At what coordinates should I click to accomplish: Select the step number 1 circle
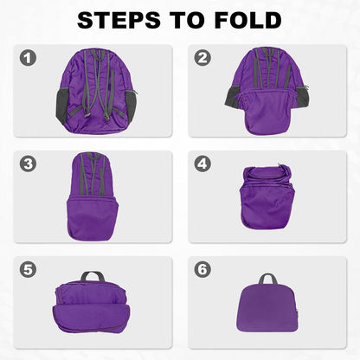(x=29, y=59)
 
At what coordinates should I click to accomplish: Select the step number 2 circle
(x=203, y=59)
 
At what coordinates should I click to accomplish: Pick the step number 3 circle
(x=29, y=164)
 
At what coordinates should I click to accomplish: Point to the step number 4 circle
(x=203, y=164)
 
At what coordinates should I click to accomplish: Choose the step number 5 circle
(x=29, y=269)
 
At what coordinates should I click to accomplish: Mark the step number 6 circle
(x=203, y=269)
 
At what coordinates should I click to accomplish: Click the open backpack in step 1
(x=97, y=91)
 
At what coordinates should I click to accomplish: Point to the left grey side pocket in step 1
(x=63, y=104)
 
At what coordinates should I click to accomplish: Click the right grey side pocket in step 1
(x=130, y=104)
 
